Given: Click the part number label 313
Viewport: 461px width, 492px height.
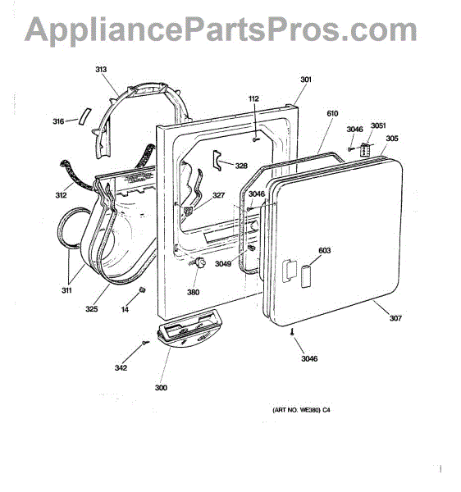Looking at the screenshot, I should click(101, 70).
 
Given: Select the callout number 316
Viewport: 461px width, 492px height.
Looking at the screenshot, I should click(58, 121).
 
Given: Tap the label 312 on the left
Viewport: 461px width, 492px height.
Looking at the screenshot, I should click(62, 195).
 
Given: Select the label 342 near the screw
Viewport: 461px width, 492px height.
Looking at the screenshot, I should click(121, 367).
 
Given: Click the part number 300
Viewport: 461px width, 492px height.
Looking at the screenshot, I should click(161, 387).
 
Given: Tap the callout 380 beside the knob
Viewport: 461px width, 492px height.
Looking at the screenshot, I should click(194, 292).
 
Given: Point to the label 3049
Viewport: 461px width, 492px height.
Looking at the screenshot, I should click(223, 263).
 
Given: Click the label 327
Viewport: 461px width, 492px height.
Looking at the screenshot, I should click(219, 195).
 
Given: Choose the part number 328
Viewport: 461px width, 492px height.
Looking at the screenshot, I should click(241, 166).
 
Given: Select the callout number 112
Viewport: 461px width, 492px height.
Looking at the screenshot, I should click(253, 98).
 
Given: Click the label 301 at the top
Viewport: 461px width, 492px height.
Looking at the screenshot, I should click(306, 80).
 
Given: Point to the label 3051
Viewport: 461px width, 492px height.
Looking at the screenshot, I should click(378, 125).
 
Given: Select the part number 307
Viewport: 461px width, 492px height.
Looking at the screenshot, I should click(395, 318).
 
